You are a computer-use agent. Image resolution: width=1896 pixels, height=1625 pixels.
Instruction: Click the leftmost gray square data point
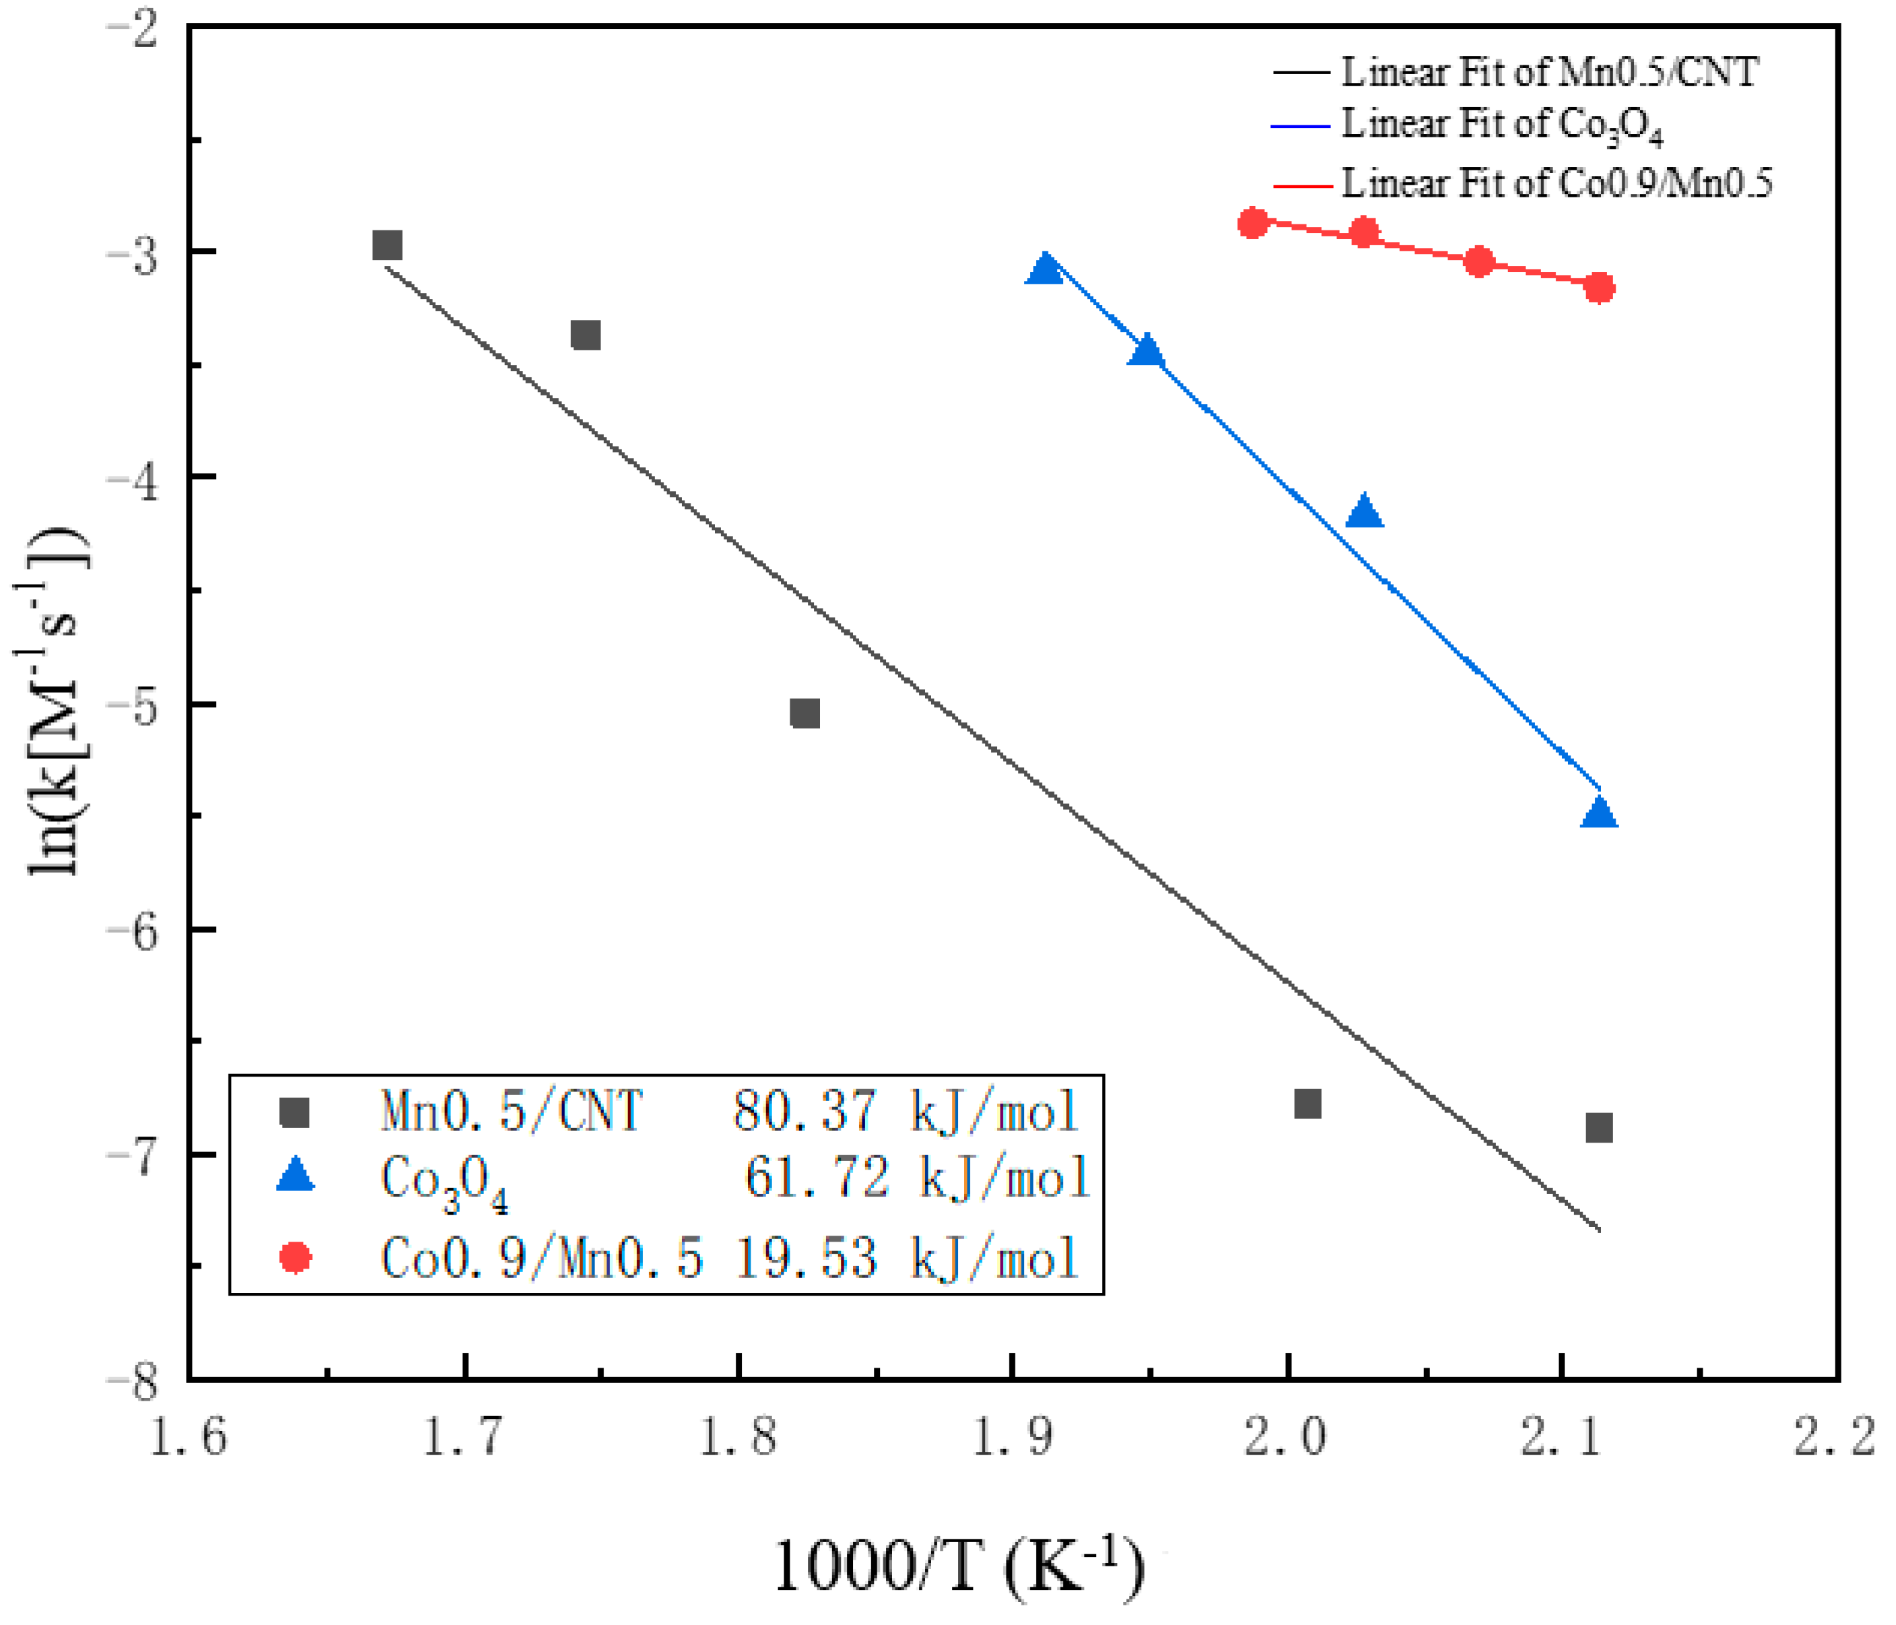pyautogui.click(x=387, y=245)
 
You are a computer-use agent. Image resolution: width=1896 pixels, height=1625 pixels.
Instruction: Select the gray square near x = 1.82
pyautogui.click(x=804, y=713)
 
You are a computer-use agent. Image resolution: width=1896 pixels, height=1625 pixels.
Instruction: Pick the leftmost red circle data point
pyautogui.click(x=1253, y=222)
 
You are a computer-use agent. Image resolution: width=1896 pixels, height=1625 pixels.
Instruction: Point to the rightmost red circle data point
pyautogui.click(x=1599, y=288)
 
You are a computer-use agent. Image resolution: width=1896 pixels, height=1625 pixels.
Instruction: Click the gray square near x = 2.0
pyautogui.click(x=1308, y=1104)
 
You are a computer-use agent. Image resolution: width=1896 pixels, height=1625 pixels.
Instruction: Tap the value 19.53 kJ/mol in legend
pyautogui.click(x=906, y=1258)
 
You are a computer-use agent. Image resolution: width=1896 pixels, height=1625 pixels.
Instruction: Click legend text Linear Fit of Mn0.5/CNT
pyautogui.click(x=1548, y=72)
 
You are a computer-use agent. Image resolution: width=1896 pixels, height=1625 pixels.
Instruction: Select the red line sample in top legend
pyautogui.click(x=1301, y=185)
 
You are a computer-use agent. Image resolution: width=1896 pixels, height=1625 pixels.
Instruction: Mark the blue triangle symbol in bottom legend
pyautogui.click(x=296, y=1174)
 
